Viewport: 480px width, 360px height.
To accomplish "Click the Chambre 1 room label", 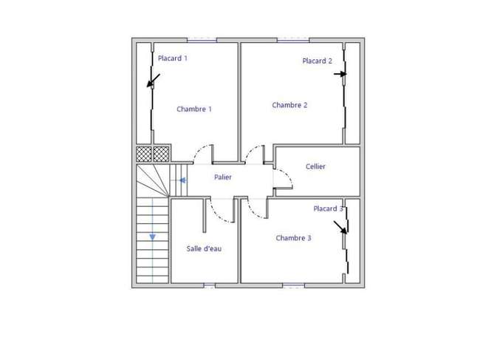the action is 194,109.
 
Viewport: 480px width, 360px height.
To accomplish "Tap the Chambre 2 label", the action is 289,105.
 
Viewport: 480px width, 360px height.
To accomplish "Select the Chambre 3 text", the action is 293,238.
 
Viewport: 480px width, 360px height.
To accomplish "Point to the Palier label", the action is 223,177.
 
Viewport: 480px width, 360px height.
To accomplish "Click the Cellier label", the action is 315,166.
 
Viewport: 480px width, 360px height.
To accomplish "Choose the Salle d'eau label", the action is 204,248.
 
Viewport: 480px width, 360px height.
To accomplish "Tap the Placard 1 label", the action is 173,58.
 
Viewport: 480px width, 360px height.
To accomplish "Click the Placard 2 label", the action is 317,61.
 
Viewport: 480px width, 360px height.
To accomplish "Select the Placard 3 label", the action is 328,208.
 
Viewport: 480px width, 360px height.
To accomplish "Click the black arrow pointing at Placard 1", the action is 154,81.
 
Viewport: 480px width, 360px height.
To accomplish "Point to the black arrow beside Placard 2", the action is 340,74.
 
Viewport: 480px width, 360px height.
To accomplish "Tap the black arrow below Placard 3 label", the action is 340,228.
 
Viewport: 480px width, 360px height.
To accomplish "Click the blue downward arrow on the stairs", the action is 152,237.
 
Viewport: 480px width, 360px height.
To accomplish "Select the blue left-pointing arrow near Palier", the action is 182,180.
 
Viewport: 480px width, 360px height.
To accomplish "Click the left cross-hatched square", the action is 144,154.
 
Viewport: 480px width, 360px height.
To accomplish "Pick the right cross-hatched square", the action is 161,154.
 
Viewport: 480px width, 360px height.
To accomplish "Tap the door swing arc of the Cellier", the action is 287,175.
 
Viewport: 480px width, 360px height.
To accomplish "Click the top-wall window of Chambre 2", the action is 293,40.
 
